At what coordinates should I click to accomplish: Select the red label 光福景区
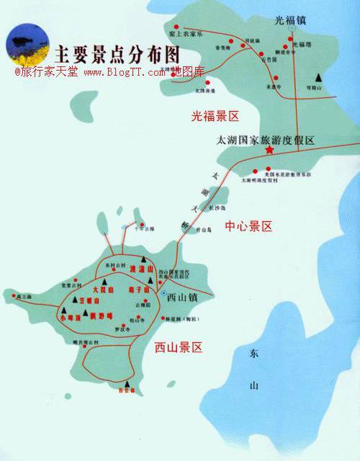pos(215,115)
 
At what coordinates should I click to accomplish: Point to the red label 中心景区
pos(248,226)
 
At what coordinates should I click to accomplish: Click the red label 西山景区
pos(178,347)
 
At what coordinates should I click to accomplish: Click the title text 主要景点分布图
pos(114,53)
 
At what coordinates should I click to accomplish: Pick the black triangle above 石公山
pos(128,383)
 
